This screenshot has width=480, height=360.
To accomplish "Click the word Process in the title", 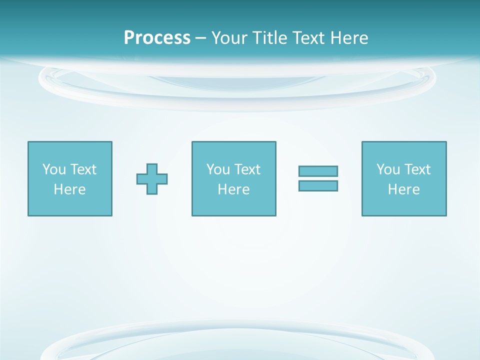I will pyautogui.click(x=157, y=38).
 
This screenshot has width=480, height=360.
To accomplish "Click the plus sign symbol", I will pyautogui.click(x=152, y=179).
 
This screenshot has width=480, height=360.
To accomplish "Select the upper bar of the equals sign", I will pyautogui.click(x=318, y=171).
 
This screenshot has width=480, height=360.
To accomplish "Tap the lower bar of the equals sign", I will pyautogui.click(x=318, y=186).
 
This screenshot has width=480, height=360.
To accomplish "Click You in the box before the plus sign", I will pyautogui.click(x=54, y=169).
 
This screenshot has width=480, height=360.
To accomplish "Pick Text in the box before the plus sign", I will pyautogui.click(x=82, y=169).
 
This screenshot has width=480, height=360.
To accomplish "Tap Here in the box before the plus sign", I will pyautogui.click(x=69, y=189).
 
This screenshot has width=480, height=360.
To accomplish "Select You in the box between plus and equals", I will pyautogui.click(x=218, y=169).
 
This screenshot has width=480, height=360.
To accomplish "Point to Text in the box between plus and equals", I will pyautogui.click(x=246, y=169).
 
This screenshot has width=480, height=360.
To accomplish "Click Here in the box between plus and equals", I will pyautogui.click(x=233, y=189).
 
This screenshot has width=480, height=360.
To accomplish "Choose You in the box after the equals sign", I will pyautogui.click(x=388, y=169).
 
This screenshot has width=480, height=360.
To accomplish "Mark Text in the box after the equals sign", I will pyautogui.click(x=416, y=169).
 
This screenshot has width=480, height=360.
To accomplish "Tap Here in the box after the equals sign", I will pyautogui.click(x=403, y=189).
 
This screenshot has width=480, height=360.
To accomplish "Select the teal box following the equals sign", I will pyautogui.click(x=404, y=205).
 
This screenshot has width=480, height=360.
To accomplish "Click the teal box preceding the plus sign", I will pyautogui.click(x=70, y=205).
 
